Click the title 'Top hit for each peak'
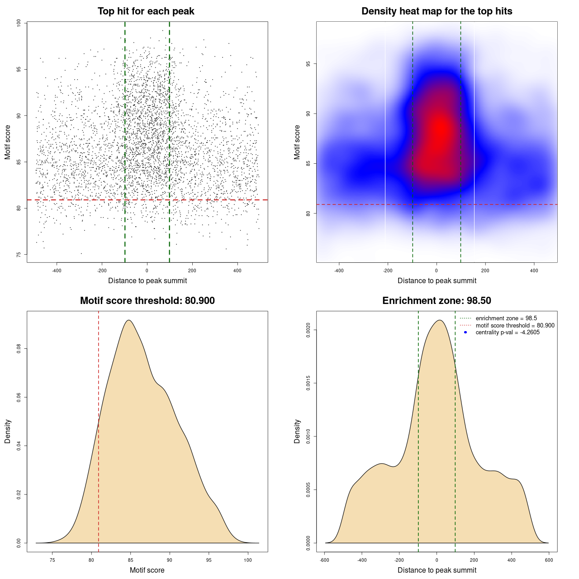click(x=146, y=11)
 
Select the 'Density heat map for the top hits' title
click(x=437, y=11)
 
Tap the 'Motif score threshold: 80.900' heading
click(x=147, y=301)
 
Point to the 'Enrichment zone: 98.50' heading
click(x=437, y=301)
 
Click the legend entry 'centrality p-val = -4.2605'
click(x=508, y=332)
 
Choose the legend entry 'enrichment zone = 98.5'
click(x=506, y=318)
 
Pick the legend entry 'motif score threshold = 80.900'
click(x=515, y=326)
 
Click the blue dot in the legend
click(x=465, y=332)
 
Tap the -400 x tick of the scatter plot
click(x=57, y=271)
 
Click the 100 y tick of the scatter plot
click(x=19, y=23)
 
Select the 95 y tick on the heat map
click(x=308, y=64)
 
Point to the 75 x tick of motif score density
click(x=52, y=560)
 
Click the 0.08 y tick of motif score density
click(x=19, y=349)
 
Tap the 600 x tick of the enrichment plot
click(x=549, y=560)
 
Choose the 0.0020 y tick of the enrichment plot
click(x=308, y=330)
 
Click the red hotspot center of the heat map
click(x=440, y=129)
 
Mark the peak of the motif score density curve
click(x=129, y=320)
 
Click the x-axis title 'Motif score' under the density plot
click(x=147, y=570)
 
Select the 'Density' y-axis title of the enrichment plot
click(x=297, y=431)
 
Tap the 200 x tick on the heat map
click(x=485, y=271)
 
